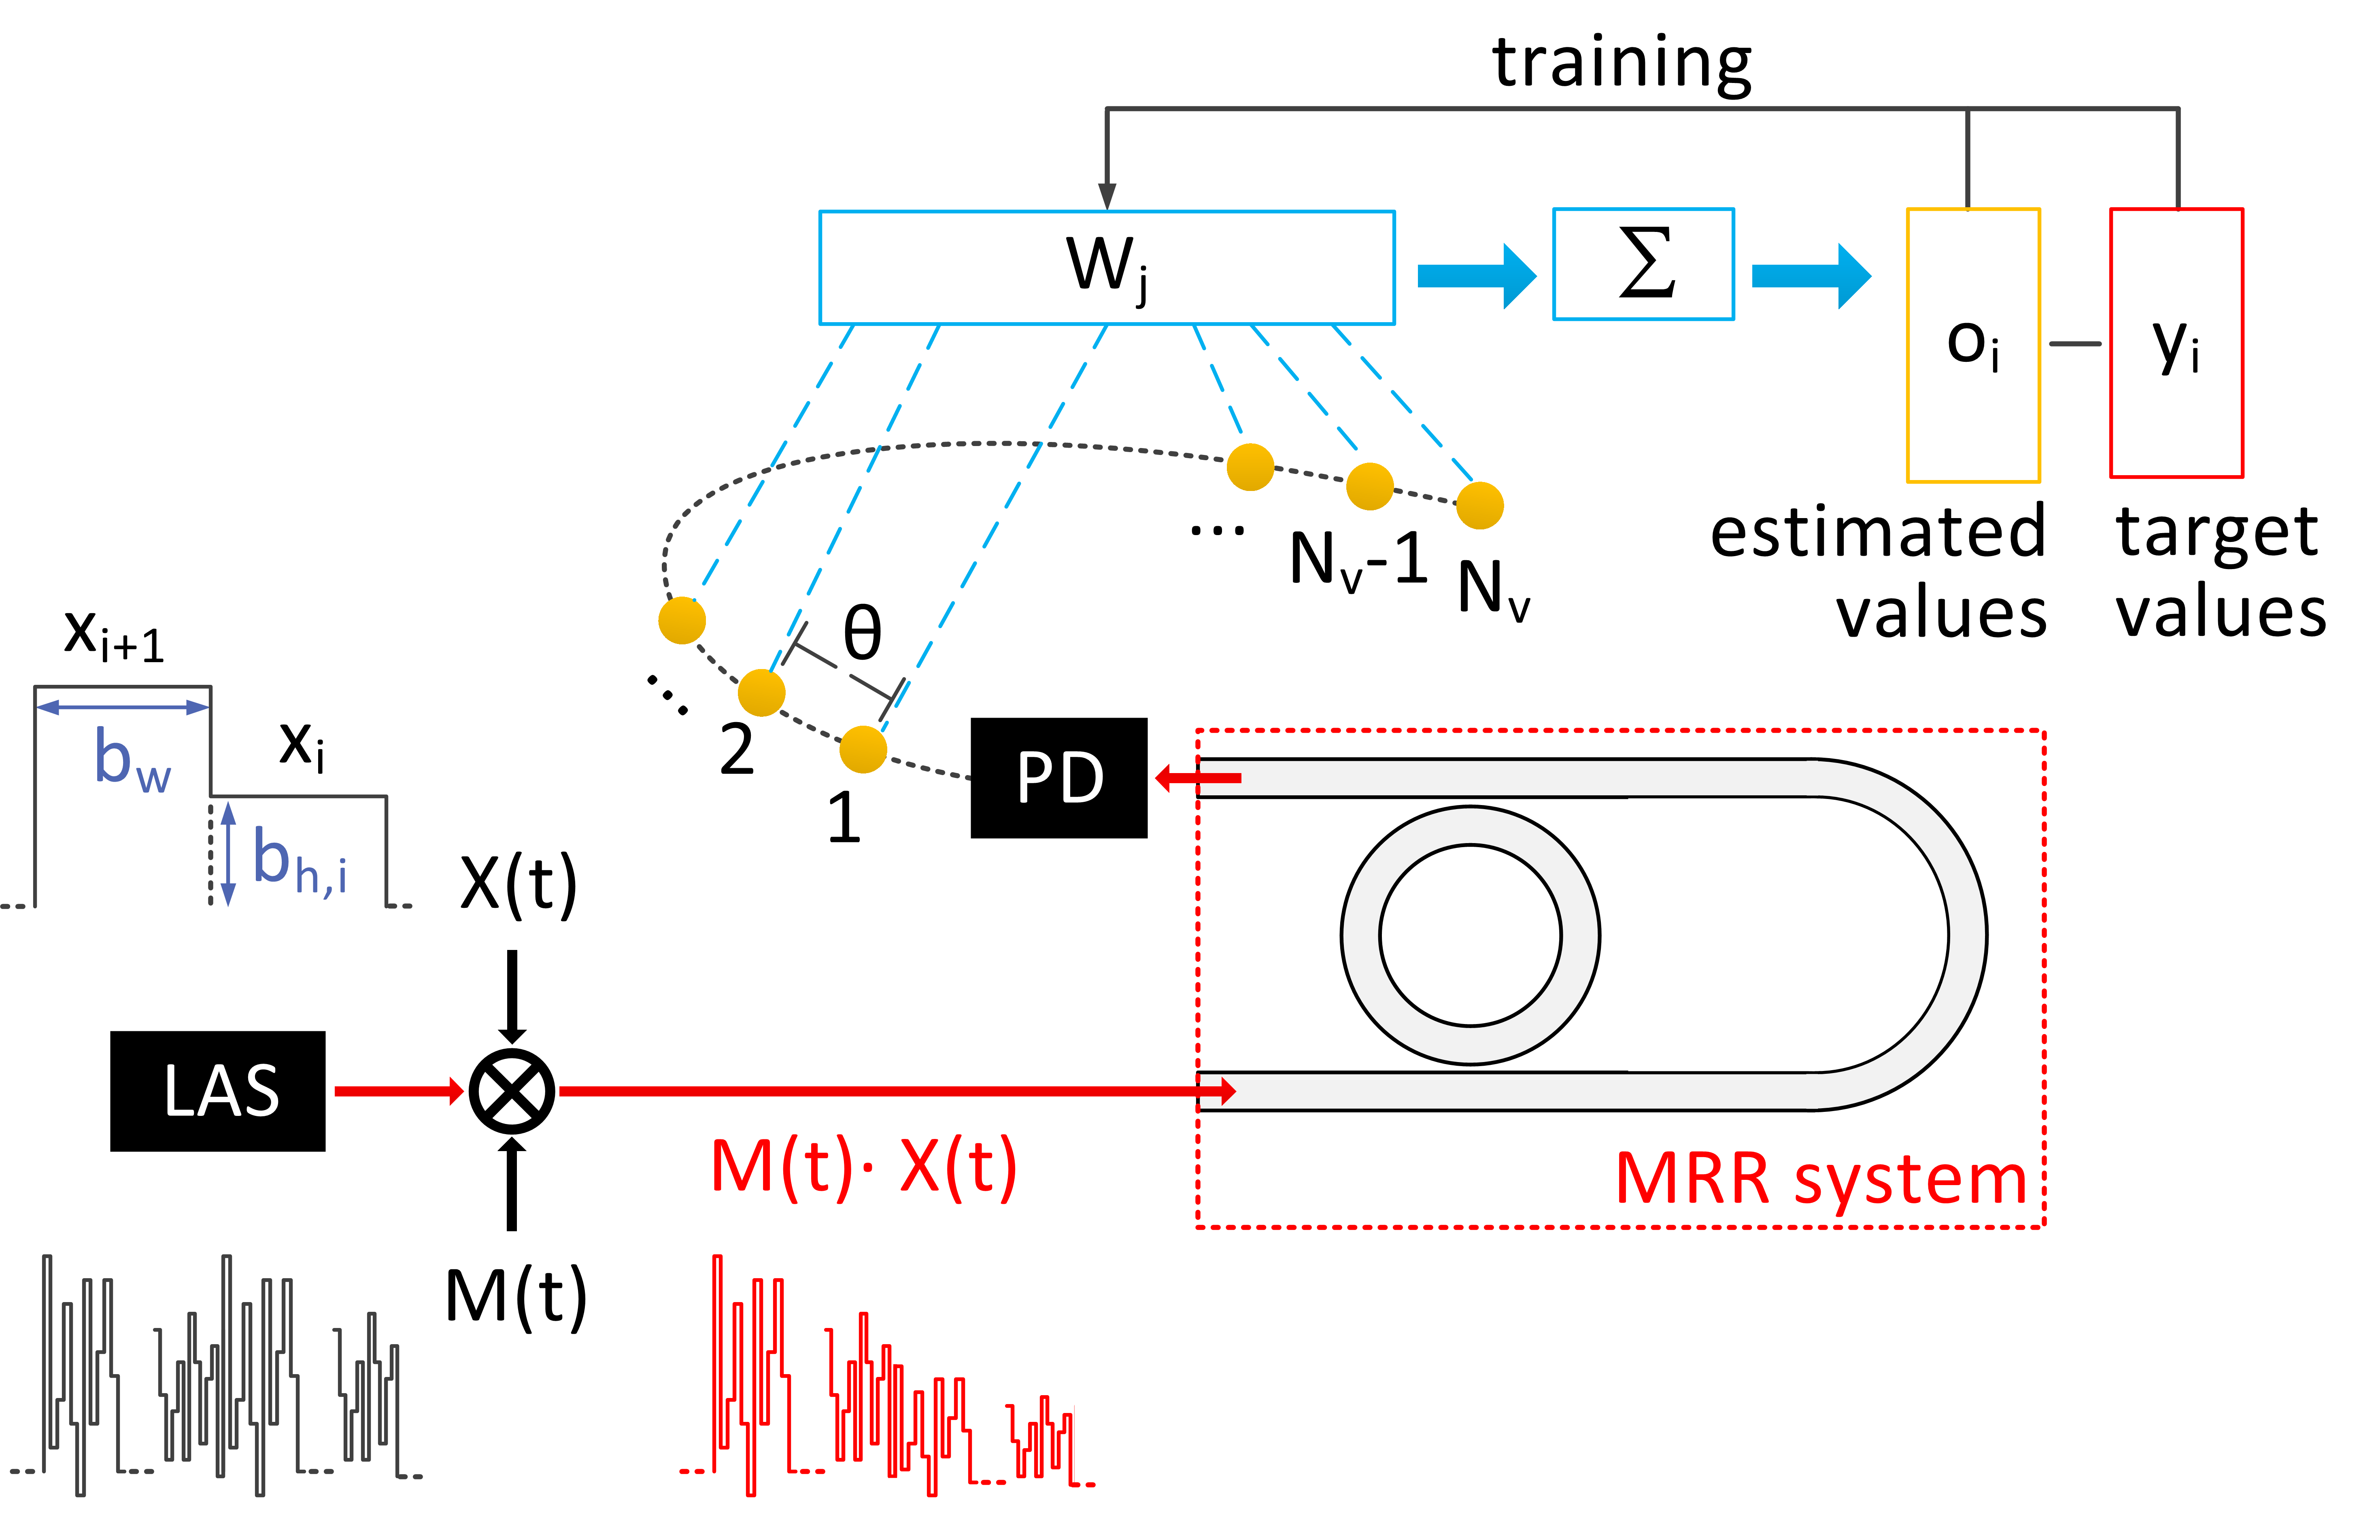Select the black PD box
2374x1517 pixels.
tap(1059, 778)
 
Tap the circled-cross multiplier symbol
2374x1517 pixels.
tap(512, 1091)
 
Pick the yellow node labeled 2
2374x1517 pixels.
tap(761, 692)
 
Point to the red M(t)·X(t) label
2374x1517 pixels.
tap(863, 1168)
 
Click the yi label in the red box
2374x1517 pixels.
tap(2176, 345)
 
